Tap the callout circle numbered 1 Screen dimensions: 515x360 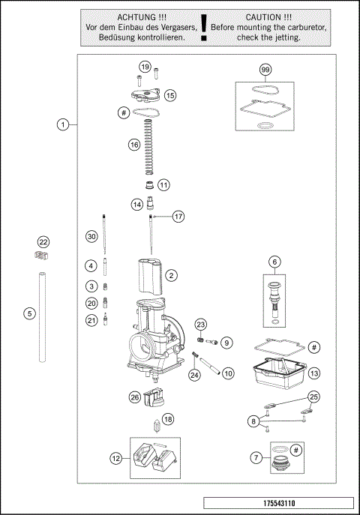[64, 124]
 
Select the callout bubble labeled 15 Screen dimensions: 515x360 [170, 95]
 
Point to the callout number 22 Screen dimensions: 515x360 [43, 242]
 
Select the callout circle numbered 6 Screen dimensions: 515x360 [274, 262]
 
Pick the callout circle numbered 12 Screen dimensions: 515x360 [116, 457]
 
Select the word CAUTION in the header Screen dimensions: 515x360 [263, 16]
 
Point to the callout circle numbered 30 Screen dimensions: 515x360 [91, 236]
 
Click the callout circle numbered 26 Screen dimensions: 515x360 [135, 397]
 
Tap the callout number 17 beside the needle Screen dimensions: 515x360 [178, 216]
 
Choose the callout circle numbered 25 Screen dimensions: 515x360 [313, 397]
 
